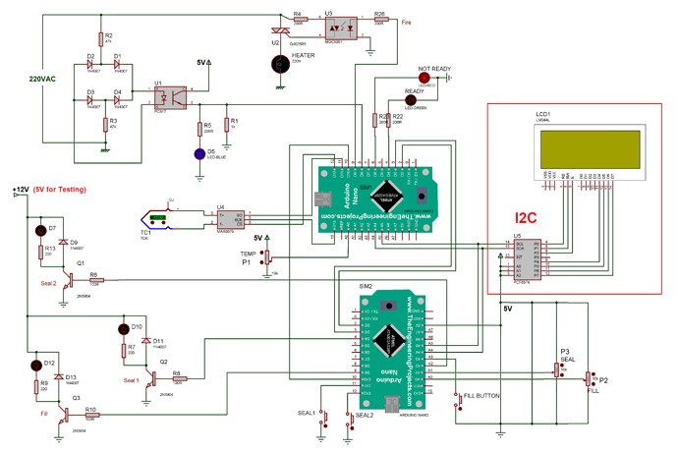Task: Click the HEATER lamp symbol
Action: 284,64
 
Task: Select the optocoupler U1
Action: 173,96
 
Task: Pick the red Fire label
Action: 406,21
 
